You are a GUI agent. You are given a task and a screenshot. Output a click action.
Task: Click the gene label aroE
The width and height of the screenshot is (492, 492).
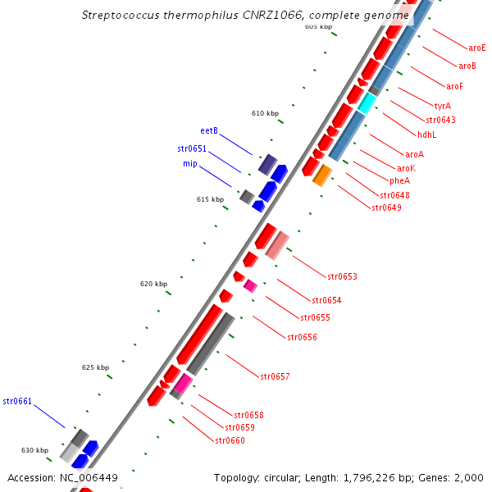pos(476,48)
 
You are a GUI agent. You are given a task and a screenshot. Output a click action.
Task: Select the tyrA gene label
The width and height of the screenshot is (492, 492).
pos(442,106)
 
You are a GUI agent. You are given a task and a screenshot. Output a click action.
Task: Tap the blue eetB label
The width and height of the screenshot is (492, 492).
pos(209,130)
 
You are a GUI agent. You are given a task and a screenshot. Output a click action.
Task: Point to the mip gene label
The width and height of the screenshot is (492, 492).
pos(189,164)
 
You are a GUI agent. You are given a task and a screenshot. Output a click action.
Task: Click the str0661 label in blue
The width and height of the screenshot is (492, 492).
pos(17,401)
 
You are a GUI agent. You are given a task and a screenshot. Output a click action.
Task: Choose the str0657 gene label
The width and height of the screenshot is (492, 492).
pos(275,376)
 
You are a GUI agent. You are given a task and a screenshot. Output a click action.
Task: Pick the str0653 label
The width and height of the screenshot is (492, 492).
pos(342,276)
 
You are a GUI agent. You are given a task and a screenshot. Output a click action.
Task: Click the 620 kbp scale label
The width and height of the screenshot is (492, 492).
pos(153,284)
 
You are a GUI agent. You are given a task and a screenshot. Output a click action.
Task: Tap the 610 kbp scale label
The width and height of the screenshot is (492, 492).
pos(265,113)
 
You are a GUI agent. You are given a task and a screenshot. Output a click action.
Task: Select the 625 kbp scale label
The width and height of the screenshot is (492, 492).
pos(96,367)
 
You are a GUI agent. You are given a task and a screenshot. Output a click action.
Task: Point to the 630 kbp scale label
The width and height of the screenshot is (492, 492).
pos(35,450)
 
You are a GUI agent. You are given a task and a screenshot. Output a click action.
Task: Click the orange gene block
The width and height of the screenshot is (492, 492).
pos(322,175)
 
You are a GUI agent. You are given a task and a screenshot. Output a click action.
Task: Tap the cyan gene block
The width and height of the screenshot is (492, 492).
pos(367,103)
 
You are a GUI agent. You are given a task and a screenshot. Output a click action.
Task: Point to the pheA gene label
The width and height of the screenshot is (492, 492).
pos(399,180)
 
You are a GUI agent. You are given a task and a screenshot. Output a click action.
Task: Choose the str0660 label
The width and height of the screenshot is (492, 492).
pos(230,440)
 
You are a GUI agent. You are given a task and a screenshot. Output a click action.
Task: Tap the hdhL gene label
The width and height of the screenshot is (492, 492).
pos(426,134)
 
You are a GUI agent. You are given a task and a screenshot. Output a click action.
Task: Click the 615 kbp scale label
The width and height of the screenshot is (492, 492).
pos(211,199)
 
